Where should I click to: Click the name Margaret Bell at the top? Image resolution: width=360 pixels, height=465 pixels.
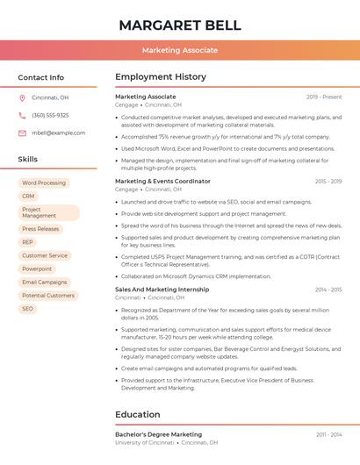click(x=180, y=24)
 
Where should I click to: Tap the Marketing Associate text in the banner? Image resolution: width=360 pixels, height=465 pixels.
click(x=180, y=51)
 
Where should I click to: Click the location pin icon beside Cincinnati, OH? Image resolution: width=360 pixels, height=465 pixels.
click(x=22, y=97)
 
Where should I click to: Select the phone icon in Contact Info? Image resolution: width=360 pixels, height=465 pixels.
click(x=22, y=115)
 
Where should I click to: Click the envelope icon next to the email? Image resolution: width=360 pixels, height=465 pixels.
click(x=22, y=132)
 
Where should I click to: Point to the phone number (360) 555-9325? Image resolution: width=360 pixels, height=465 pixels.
click(x=50, y=115)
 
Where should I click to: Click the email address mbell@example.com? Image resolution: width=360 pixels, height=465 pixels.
click(x=59, y=132)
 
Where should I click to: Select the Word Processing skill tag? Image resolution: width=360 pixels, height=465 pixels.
click(x=44, y=182)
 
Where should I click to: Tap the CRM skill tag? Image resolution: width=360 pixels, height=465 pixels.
click(x=29, y=196)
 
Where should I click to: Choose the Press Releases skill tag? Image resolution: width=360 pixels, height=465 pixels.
click(x=40, y=229)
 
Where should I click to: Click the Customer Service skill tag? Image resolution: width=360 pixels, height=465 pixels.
click(x=45, y=255)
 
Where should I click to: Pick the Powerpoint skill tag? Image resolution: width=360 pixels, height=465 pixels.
click(x=37, y=268)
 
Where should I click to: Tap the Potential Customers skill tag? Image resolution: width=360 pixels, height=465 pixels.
click(x=48, y=296)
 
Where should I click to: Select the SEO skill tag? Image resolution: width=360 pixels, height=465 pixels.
click(x=28, y=309)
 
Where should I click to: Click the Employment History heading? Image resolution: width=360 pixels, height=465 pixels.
click(x=161, y=77)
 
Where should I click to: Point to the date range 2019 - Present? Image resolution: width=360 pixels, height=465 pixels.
click(x=324, y=97)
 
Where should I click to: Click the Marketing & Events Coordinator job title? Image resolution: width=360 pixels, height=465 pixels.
click(x=162, y=181)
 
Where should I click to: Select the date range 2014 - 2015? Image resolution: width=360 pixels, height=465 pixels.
click(x=328, y=290)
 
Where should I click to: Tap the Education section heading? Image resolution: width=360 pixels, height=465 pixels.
click(x=138, y=414)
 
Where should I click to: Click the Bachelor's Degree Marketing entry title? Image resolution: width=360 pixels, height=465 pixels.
click(x=158, y=434)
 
